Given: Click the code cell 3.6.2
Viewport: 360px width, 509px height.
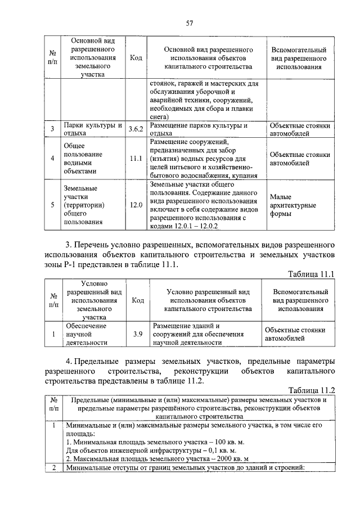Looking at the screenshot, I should pyautogui.click(x=136, y=129).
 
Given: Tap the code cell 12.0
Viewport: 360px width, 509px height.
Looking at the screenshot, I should pyautogui.click(x=136, y=205).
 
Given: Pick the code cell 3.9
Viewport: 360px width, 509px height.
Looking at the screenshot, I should pyautogui.click(x=137, y=334).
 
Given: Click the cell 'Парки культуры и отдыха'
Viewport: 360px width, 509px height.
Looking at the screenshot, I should pyautogui.click(x=92, y=129).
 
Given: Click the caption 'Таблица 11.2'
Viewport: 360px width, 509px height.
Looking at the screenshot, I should pyautogui.click(x=312, y=390).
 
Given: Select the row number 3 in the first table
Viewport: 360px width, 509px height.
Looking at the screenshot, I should pyautogui.click(x=52, y=129).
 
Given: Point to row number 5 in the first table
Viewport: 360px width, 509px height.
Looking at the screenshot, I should pyautogui.click(x=52, y=205).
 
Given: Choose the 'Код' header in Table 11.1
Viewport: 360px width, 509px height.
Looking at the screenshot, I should pyautogui.click(x=137, y=300).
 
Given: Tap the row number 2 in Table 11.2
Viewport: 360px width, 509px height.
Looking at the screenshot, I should pyautogui.click(x=52, y=468).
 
